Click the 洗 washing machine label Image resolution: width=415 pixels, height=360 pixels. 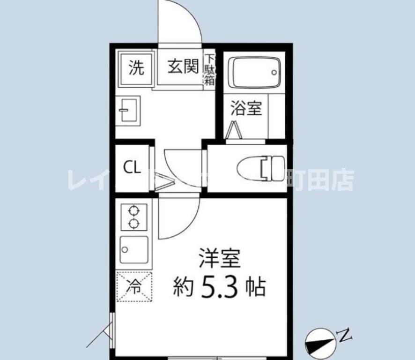click(x=136, y=68)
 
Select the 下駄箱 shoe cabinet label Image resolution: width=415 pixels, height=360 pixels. click(x=209, y=69)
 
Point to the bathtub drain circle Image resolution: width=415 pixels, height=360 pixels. click(x=274, y=73)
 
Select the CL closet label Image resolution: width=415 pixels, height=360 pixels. click(x=132, y=168)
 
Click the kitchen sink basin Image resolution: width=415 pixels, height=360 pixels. click(x=134, y=249)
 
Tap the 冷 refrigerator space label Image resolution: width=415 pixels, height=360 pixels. click(x=134, y=286)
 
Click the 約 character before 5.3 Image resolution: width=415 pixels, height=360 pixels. click(x=184, y=286)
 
